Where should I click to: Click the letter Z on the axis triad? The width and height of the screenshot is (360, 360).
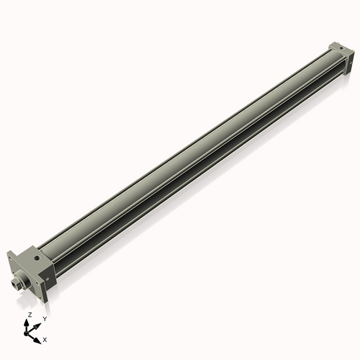[x=30, y=315]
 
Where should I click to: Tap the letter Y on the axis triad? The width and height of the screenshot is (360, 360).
[x=45, y=319]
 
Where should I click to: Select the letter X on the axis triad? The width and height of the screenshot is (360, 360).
[x=45, y=338]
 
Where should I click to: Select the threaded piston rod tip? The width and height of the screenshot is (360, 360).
[x=16, y=284]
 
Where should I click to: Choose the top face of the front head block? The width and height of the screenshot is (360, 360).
[x=33, y=256]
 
